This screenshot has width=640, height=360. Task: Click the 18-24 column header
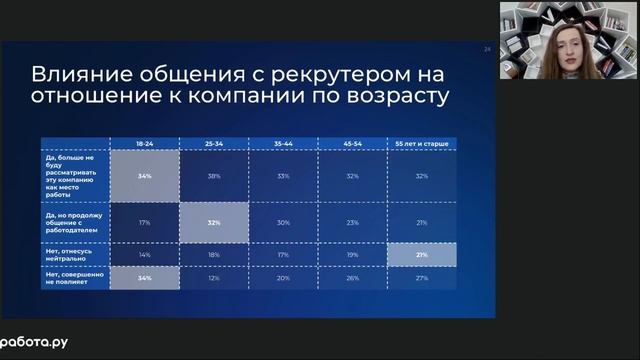(x=145, y=144)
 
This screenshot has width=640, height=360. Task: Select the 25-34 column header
(x=214, y=144)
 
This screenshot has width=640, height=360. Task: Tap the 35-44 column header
(x=283, y=144)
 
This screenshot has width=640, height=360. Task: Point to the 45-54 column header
(x=352, y=144)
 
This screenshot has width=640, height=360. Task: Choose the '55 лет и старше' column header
(x=422, y=144)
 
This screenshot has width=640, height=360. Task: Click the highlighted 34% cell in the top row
(x=145, y=176)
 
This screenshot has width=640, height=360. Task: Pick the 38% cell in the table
(x=214, y=176)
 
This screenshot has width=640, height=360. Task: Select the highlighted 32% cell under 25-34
(x=214, y=222)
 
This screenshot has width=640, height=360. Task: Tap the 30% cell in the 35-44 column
(x=283, y=222)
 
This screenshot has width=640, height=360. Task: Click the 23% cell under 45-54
(x=352, y=222)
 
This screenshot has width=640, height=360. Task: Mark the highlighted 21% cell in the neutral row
(x=422, y=255)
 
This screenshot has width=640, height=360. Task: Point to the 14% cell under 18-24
(x=145, y=255)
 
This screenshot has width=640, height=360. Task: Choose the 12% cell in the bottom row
(x=214, y=278)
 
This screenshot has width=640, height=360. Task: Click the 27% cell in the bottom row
(x=422, y=278)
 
